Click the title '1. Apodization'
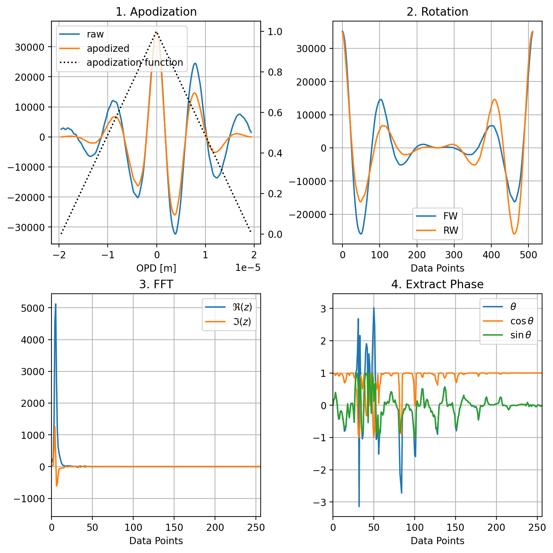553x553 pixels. pyautogui.click(x=156, y=12)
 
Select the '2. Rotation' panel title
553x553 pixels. pyautogui.click(x=437, y=12)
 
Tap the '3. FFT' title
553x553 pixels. pyautogui.click(x=156, y=284)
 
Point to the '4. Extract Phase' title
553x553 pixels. pyautogui.click(x=437, y=284)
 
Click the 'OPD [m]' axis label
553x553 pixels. pyautogui.click(x=156, y=268)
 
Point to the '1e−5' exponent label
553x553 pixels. pyautogui.click(x=248, y=268)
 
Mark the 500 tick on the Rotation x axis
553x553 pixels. pyautogui.click(x=528, y=255)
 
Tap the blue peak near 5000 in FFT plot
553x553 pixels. pyautogui.click(x=56, y=304)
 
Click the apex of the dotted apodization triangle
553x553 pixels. pyautogui.click(x=156, y=32)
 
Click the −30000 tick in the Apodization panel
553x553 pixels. pyautogui.click(x=29, y=227)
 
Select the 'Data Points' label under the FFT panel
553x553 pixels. pyautogui.click(x=156, y=541)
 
